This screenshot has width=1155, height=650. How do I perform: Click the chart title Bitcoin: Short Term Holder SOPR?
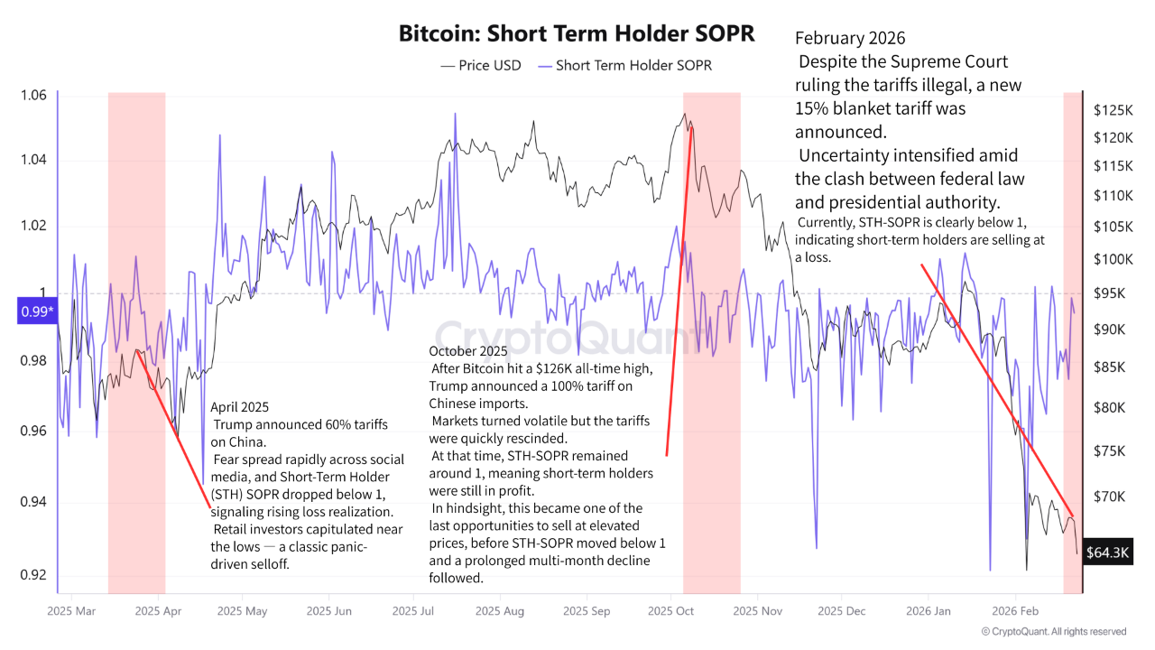click(577, 34)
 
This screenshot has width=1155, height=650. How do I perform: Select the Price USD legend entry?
click(480, 65)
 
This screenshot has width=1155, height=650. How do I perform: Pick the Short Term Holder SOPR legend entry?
click(624, 65)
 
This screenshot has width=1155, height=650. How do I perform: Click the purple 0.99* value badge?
click(37, 312)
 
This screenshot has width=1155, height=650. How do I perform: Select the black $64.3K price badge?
click(1107, 552)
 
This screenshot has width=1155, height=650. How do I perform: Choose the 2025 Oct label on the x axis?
click(670, 611)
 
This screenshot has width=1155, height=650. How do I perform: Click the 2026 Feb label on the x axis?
click(1014, 611)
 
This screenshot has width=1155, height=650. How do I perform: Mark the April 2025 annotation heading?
click(239, 407)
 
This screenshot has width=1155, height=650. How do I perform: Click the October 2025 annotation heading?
click(468, 350)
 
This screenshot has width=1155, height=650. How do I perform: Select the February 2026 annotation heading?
click(850, 39)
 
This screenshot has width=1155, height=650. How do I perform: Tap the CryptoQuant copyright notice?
click(1053, 632)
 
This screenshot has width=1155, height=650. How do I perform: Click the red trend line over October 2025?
click(679, 289)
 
